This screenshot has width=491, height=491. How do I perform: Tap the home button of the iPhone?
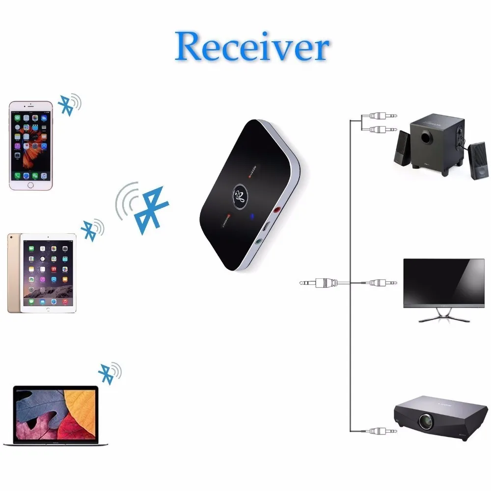click(x=31, y=185)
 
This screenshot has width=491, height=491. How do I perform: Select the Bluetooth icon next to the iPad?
click(x=90, y=229)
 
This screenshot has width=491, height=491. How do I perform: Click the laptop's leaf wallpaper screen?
click(x=55, y=413)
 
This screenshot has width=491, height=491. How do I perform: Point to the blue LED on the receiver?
click(x=251, y=217)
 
